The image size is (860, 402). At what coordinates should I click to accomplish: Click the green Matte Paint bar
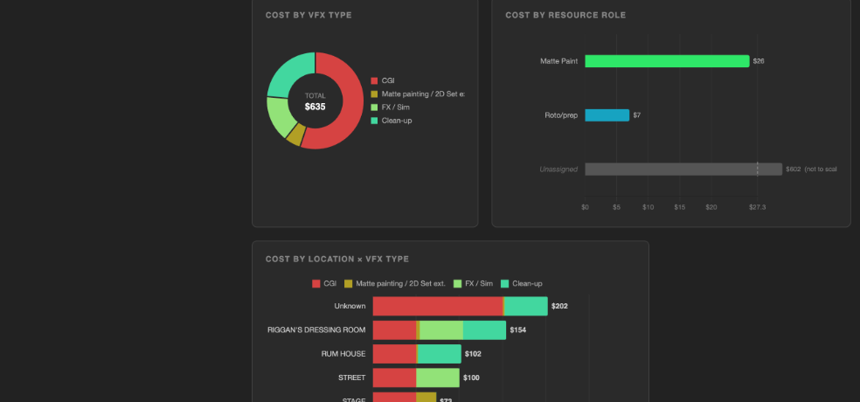tap(667, 61)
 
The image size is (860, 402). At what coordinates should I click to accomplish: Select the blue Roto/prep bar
tap(607, 115)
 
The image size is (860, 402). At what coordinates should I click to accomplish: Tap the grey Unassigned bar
tap(683, 169)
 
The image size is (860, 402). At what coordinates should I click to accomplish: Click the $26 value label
tap(759, 61)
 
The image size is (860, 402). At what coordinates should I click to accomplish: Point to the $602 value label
tap(793, 169)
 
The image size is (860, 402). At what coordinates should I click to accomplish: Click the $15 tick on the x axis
tap(679, 207)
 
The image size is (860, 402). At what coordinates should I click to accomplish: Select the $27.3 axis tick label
tap(757, 207)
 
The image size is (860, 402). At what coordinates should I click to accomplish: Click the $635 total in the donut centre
tap(315, 107)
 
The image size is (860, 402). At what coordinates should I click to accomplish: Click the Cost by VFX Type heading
tap(309, 15)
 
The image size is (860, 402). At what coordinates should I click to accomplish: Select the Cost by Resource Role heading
tap(565, 15)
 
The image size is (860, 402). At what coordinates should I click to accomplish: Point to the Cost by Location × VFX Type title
tap(336, 259)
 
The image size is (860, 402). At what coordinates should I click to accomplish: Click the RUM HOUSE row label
tap(343, 354)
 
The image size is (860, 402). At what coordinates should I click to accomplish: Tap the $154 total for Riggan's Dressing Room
tap(518, 330)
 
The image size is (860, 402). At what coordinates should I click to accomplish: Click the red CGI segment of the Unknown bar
tap(437, 307)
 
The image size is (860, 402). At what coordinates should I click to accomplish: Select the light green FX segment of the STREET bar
tap(437, 378)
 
